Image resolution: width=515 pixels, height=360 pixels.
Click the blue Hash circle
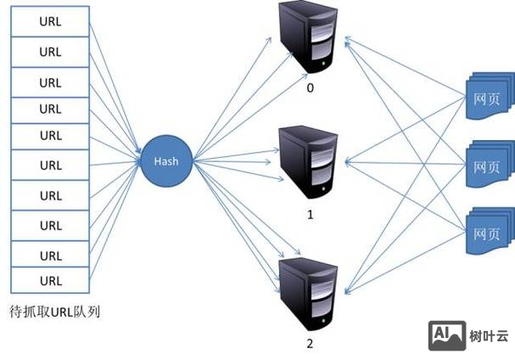(x=165, y=160)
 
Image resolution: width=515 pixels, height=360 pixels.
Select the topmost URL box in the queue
(x=50, y=22)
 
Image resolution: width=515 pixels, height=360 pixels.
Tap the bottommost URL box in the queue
(x=50, y=280)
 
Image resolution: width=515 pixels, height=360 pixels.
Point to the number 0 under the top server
(x=310, y=87)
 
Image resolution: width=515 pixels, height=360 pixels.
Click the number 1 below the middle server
(x=310, y=215)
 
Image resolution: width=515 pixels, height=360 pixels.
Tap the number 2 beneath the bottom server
(x=310, y=344)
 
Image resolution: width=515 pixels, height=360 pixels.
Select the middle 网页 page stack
(x=488, y=163)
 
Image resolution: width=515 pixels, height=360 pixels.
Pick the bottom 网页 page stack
(x=488, y=231)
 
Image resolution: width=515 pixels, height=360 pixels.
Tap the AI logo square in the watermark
(x=446, y=335)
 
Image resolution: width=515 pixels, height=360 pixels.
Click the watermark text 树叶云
(x=490, y=336)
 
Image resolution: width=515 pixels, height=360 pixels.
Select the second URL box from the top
(x=50, y=51)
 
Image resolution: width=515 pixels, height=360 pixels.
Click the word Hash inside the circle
(x=165, y=160)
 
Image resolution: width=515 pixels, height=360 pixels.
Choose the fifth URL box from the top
(x=50, y=135)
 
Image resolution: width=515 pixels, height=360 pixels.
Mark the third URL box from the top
(x=50, y=82)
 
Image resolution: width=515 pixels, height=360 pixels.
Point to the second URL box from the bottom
(x=50, y=255)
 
